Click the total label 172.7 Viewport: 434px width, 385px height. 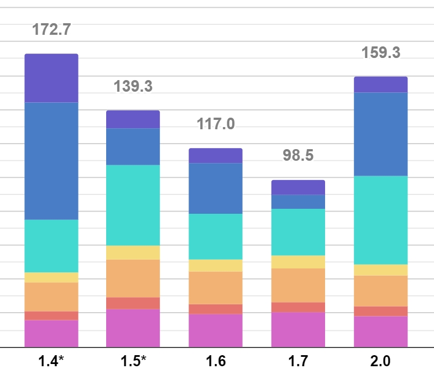51,30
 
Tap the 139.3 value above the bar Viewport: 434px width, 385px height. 133,86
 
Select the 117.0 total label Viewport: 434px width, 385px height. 216,124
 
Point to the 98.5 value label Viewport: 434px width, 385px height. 298,155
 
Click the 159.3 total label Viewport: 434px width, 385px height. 380,53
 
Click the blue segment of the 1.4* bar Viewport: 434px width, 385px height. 51,161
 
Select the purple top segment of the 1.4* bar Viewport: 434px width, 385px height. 51,78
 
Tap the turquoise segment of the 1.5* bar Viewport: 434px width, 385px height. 133,205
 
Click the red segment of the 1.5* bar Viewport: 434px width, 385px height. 133,303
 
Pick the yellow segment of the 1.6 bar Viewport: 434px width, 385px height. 216,266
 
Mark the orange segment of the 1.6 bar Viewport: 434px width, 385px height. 216,288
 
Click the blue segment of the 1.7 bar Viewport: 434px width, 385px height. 298,202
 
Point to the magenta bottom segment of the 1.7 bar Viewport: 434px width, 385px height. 298,330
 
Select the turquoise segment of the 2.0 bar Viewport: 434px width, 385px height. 380,220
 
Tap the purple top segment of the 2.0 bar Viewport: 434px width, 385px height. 380,85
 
